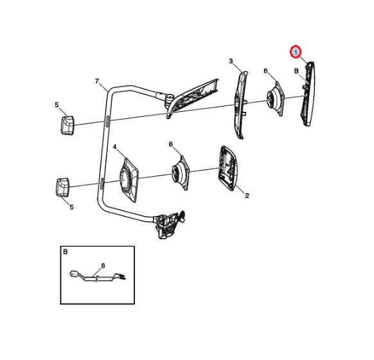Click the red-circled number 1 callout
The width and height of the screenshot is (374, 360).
[x=296, y=52]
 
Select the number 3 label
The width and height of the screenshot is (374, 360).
[x=231, y=61]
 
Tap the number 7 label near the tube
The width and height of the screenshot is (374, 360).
[x=97, y=82]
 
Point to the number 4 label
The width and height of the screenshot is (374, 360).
[x=115, y=147]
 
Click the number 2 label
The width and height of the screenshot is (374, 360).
[x=247, y=195]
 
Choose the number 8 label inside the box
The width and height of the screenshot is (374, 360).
[x=103, y=265]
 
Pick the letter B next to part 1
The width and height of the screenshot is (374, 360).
[x=296, y=71]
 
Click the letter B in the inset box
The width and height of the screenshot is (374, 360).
[x=66, y=252]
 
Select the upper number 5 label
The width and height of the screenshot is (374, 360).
[x=57, y=105]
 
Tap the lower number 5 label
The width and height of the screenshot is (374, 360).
[x=71, y=207]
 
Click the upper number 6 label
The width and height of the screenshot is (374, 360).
[x=265, y=71]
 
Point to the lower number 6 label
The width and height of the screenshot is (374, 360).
[x=170, y=144]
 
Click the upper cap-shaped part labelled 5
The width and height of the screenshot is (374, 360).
[x=67, y=125]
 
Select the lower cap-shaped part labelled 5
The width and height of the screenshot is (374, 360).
[x=62, y=187]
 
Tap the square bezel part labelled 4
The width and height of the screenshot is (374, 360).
[x=129, y=180]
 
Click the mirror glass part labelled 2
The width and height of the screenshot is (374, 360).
[x=229, y=168]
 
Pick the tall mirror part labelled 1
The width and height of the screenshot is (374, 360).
[x=309, y=94]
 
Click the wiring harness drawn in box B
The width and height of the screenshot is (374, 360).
[x=98, y=276]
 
